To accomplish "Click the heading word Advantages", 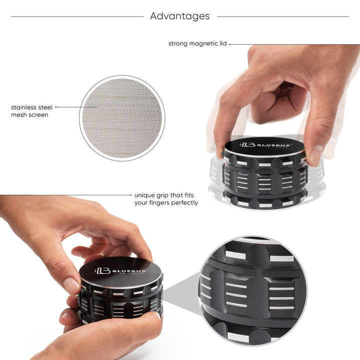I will pyautogui.click(x=180, y=16).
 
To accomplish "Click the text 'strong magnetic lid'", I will pyautogui.click(x=197, y=43).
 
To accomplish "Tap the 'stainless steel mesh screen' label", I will pyautogui.click(x=31, y=110).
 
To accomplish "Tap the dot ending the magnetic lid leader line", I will pyautogui.click(x=230, y=44).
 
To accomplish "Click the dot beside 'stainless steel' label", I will pyautogui.click(x=56, y=107).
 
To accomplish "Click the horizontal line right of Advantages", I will pyautogui.click(x=282, y=16).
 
